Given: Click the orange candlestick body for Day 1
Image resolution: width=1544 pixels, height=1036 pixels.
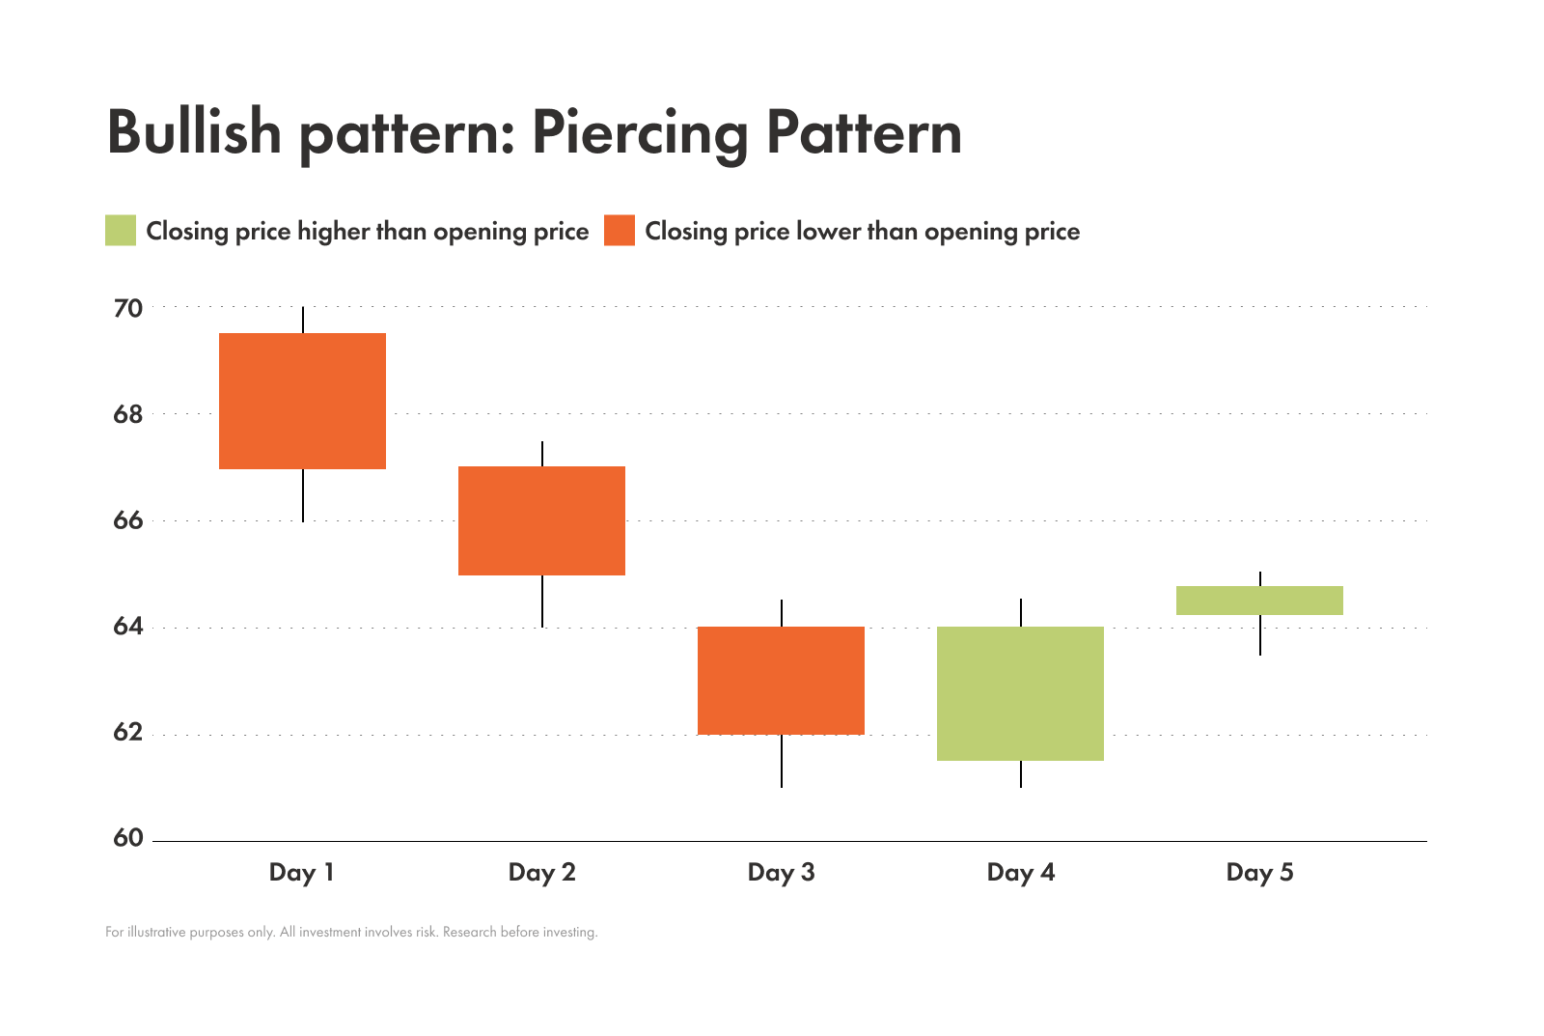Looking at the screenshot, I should pyautogui.click(x=302, y=401).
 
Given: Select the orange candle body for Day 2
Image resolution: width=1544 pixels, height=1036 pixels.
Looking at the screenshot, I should pyautogui.click(x=541, y=520).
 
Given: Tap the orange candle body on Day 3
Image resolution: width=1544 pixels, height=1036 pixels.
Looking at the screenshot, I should pyautogui.click(x=781, y=681).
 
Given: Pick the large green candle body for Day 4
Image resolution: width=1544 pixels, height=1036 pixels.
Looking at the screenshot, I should pyautogui.click(x=1020, y=693).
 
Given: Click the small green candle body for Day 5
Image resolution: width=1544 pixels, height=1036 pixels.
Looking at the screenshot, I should pyautogui.click(x=1259, y=601).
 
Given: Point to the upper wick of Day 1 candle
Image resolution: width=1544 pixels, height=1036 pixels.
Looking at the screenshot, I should pyautogui.click(x=303, y=321).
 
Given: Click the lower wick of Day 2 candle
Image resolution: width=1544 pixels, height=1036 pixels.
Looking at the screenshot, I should pyautogui.click(x=542, y=601).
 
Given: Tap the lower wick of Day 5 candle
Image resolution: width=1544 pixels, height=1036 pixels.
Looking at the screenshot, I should pyautogui.click(x=1259, y=634).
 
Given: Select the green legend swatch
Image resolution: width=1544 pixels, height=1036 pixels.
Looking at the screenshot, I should pyautogui.click(x=121, y=231).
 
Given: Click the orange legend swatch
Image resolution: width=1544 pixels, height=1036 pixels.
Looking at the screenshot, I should pyautogui.click(x=620, y=231).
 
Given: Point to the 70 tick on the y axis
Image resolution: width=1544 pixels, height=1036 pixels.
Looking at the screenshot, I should pyautogui.click(x=128, y=309).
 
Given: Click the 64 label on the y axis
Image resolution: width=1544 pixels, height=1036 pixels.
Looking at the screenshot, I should pyautogui.click(x=128, y=628).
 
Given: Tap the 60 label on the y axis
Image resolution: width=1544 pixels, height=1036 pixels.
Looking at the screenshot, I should pyautogui.click(x=128, y=838).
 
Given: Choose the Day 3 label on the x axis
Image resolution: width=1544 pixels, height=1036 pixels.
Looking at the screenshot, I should pyautogui.click(x=781, y=873).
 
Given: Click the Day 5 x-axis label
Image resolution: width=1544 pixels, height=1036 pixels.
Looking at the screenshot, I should pyautogui.click(x=1259, y=873).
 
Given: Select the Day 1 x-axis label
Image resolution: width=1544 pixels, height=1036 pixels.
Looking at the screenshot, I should pyautogui.click(x=302, y=873).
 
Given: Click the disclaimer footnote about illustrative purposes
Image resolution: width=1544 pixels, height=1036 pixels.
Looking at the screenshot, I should pyautogui.click(x=351, y=933).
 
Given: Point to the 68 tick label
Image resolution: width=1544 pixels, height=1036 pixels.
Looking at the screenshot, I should pyautogui.click(x=128, y=415).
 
